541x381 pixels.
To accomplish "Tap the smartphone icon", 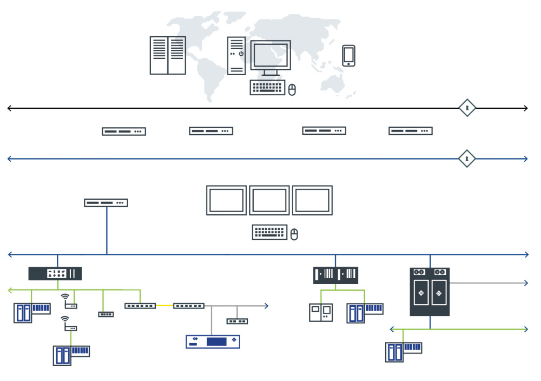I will pyautogui.click(x=349, y=56).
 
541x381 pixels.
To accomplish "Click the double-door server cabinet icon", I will pyautogui.click(x=168, y=55).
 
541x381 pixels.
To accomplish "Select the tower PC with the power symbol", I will pyautogui.click(x=236, y=55).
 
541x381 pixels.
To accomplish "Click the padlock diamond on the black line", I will pyautogui.click(x=467, y=108).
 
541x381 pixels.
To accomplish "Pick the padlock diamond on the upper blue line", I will pyautogui.click(x=467, y=159).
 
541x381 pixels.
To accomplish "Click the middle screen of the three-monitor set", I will pyautogui.click(x=269, y=200).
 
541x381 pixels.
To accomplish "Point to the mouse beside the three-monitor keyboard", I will pyautogui.click(x=294, y=234).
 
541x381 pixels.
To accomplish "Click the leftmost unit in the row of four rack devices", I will pyautogui.click(x=124, y=131).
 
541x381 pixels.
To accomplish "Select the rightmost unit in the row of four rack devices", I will pyautogui.click(x=411, y=131).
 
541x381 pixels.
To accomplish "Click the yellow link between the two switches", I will pyautogui.click(x=164, y=306).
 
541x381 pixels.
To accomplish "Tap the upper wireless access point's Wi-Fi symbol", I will pyautogui.click(x=65, y=297).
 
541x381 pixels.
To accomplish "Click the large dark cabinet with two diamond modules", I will pyautogui.click(x=430, y=292).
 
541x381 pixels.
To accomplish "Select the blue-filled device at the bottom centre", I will pyautogui.click(x=213, y=341).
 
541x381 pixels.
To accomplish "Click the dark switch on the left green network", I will pyautogui.click(x=55, y=273).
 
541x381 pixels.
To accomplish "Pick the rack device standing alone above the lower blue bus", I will pyautogui.click(x=106, y=203).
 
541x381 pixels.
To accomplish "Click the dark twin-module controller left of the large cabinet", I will pyautogui.click(x=335, y=275).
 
